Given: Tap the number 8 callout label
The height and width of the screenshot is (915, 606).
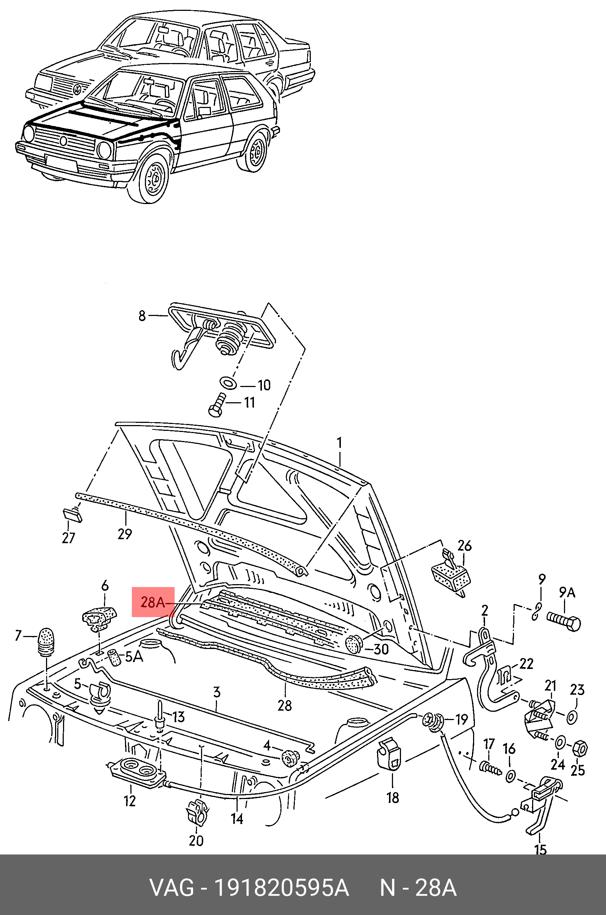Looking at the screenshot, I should (142, 316).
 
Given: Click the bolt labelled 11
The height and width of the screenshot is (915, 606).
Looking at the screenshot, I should (217, 405).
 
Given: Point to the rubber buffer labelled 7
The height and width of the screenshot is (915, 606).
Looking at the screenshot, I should (46, 641).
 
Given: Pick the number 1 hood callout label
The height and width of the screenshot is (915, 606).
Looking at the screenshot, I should (339, 442).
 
